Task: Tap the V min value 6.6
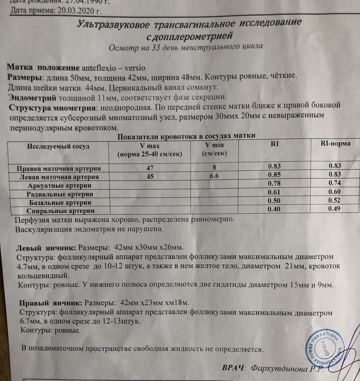coord(214,176)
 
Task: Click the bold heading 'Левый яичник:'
coord(46,247)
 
